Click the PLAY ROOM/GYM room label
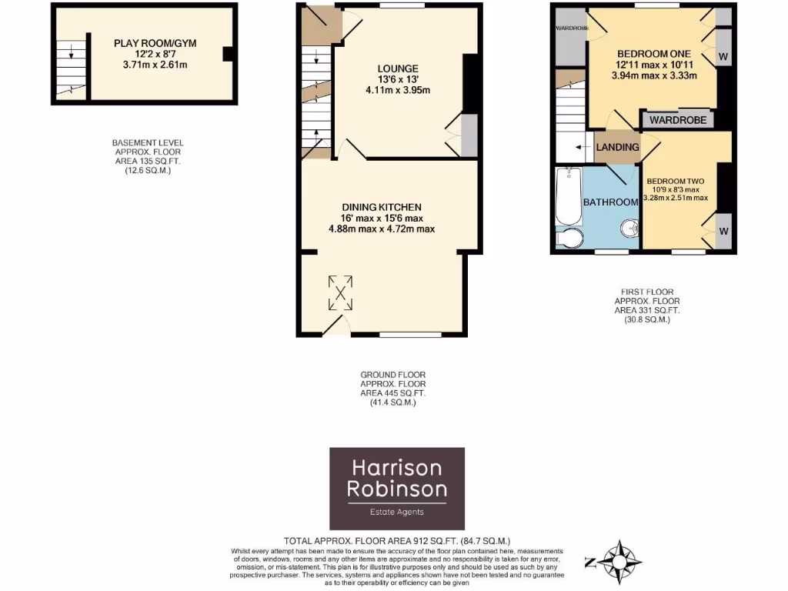155,43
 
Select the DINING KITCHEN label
382,207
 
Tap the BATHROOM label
611,202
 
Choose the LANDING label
617,147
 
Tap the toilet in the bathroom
568,239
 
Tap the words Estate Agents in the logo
397,512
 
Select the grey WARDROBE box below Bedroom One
676,120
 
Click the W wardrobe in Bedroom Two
723,232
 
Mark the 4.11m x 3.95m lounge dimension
397,90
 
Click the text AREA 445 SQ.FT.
393,392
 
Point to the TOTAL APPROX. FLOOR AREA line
397,541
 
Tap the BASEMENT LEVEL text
148,143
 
